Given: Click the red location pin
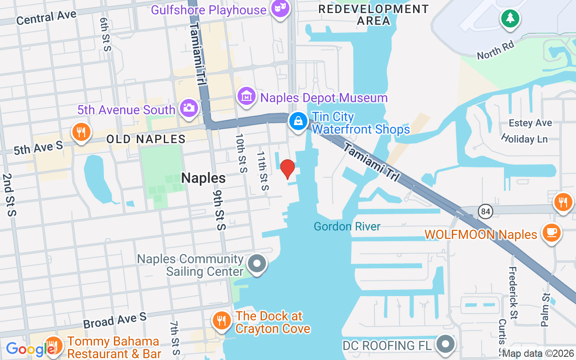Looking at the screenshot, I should (288, 168).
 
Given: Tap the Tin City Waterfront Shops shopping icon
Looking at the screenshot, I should (298, 121).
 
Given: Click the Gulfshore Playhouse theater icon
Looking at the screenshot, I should (280, 8).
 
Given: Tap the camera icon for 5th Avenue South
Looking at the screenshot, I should (189, 108).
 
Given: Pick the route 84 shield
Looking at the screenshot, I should (486, 211).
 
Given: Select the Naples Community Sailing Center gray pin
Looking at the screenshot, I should (257, 264).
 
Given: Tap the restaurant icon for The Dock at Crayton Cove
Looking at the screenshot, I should (221, 321).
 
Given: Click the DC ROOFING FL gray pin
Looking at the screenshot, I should (446, 344).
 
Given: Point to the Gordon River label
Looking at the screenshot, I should (347, 226).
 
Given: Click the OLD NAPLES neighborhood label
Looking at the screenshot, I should (146, 139).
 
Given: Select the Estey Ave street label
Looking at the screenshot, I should (530, 123).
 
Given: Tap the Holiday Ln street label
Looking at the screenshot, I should (524, 138).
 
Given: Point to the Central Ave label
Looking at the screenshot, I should (46, 18).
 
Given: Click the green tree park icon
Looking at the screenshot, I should (510, 18).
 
